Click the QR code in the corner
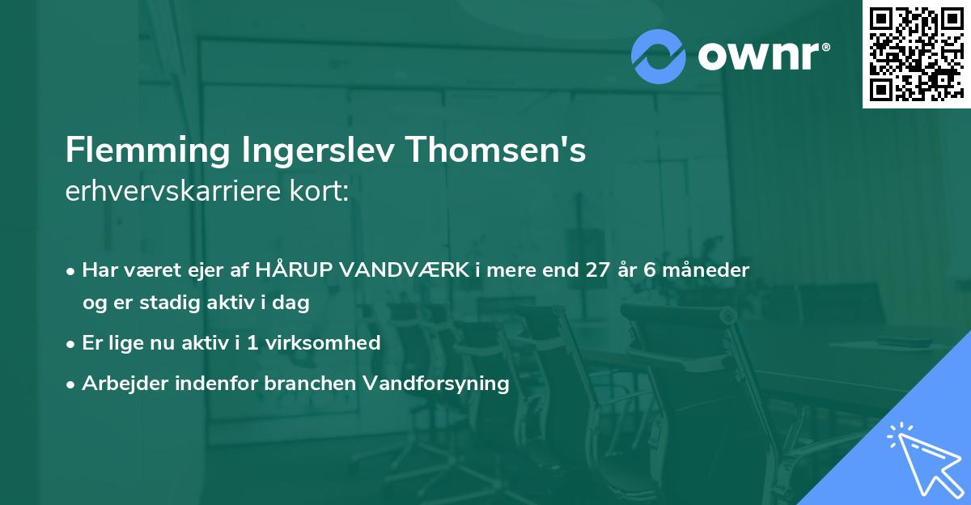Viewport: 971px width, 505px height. pos(916,53)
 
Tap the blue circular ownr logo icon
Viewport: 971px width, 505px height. pos(659,56)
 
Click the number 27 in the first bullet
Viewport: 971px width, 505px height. pos(601,269)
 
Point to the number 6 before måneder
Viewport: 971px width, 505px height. pos(650,269)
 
